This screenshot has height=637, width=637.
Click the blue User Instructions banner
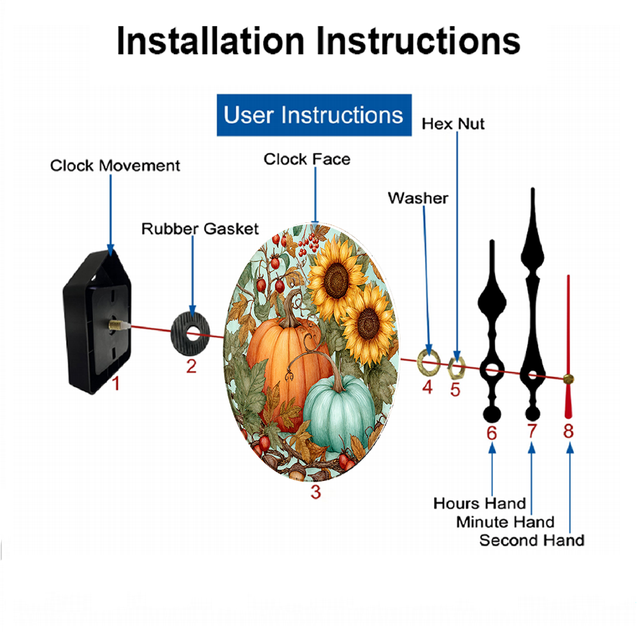(x=314, y=115)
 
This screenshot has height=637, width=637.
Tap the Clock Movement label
(x=115, y=166)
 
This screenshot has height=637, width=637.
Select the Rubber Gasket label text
(x=200, y=229)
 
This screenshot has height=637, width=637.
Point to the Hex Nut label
(x=453, y=124)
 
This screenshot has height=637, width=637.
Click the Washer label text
(x=418, y=198)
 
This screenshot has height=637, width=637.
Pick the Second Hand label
(x=532, y=540)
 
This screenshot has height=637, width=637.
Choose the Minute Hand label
(x=505, y=522)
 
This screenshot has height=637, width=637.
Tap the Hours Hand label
(x=480, y=503)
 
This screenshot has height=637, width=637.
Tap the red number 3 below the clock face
(x=316, y=492)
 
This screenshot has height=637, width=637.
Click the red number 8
(x=568, y=431)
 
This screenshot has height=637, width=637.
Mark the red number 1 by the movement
(x=116, y=383)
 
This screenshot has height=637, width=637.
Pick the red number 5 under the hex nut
(x=455, y=390)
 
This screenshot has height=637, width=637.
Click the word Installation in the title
(x=210, y=41)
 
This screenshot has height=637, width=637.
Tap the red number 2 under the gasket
(x=191, y=366)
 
